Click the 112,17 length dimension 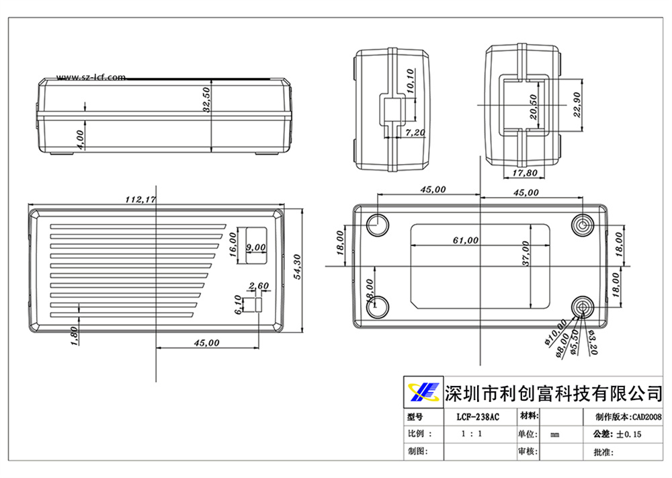(x=140, y=200)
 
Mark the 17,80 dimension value (x=523, y=173)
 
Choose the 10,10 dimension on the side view (x=411, y=81)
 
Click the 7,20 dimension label (x=415, y=133)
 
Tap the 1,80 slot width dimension (x=74, y=335)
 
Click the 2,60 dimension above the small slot (x=259, y=286)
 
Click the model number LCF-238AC (x=478, y=417)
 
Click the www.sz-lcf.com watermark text (x=91, y=77)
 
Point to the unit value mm (x=555, y=435)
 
